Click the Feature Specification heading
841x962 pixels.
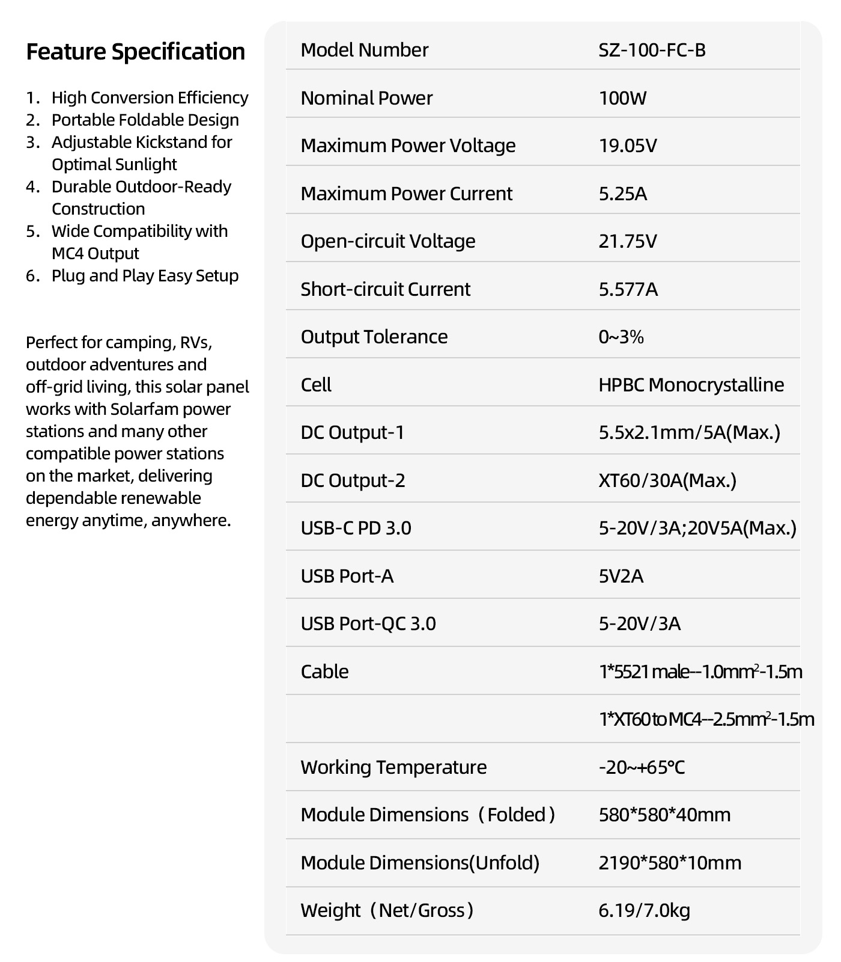[135, 52]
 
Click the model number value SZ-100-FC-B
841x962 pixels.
[652, 50]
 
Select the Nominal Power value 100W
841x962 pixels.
[622, 98]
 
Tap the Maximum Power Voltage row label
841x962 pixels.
[408, 146]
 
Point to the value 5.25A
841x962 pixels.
[623, 194]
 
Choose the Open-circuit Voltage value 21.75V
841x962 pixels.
[628, 241]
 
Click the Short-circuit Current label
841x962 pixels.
[385, 289]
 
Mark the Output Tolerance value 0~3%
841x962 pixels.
[621, 337]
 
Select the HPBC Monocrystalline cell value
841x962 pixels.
[691, 385]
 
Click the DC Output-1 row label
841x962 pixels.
[353, 432]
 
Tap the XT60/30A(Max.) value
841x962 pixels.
[667, 480]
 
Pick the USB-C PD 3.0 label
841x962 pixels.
[356, 528]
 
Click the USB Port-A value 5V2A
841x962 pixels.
[621, 576]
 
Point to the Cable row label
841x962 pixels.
[324, 671]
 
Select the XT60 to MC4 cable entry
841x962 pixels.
[706, 719]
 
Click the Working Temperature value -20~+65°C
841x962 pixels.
[642, 767]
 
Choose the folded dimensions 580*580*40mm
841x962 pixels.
[664, 815]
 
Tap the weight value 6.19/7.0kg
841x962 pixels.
[644, 910]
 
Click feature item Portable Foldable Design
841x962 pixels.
[145, 120]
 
